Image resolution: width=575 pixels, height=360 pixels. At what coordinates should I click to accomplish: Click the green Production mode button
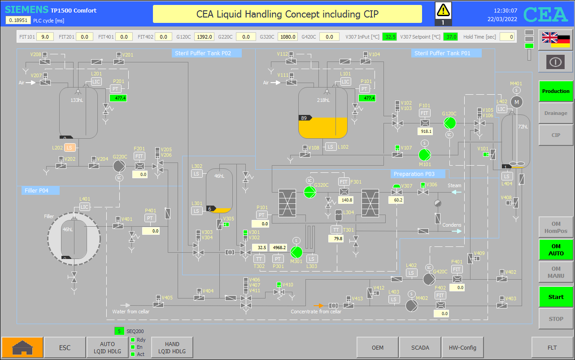coord(556,91)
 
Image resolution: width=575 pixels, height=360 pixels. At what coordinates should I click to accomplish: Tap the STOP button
coord(556,319)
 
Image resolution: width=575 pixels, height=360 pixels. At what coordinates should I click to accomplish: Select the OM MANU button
coord(556,272)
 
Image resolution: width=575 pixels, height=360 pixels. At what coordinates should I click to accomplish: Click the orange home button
coord(22,347)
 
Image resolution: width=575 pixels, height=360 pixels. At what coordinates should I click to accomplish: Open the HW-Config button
coord(462,347)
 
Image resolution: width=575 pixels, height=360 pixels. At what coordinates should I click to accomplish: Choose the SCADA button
coord(420,347)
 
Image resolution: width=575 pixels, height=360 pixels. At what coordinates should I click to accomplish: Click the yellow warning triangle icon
coord(443,10)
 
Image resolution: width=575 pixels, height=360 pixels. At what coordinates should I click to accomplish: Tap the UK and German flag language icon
coord(556,40)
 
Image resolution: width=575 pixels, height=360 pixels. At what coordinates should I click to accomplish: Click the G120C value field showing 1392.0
coord(205,37)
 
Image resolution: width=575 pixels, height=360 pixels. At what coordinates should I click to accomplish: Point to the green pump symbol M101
coord(425,155)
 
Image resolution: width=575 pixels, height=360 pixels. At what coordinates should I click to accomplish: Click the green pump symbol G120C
coord(450,123)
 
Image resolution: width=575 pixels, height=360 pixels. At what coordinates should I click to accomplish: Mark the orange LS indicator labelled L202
coord(70,148)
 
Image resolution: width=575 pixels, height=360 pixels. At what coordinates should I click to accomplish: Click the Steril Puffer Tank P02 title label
coord(203,53)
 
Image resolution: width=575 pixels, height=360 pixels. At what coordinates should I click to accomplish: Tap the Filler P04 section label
coord(36,190)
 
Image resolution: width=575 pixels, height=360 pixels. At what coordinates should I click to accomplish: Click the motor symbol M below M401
coord(517,102)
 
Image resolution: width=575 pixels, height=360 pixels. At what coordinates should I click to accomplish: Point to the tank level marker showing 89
coord(305,118)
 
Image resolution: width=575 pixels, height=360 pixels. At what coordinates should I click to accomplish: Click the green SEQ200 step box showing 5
coord(119,331)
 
